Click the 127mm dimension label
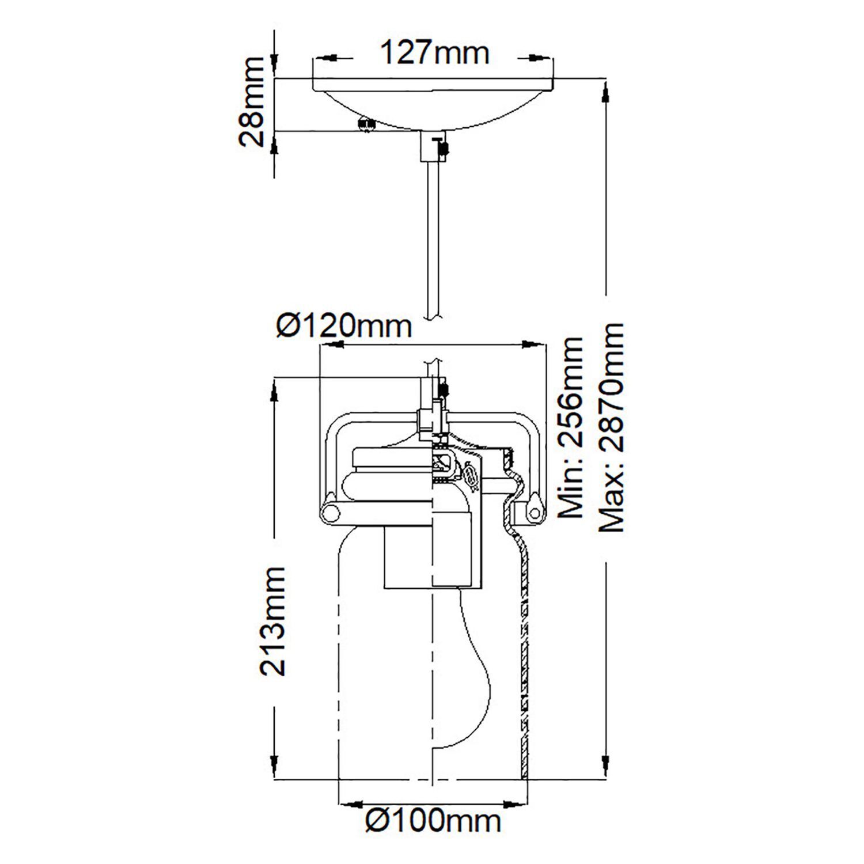click(x=434, y=54)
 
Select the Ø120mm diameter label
click(x=344, y=327)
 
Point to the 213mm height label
click(x=272, y=620)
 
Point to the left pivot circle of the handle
click(x=330, y=512)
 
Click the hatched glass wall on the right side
click(x=524, y=662)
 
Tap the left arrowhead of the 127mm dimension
click(x=326, y=58)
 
